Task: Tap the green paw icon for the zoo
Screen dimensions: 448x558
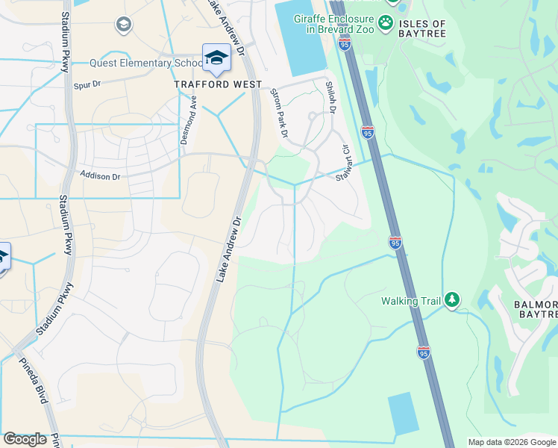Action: click(x=386, y=23)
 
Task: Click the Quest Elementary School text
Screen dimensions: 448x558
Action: click(x=142, y=63)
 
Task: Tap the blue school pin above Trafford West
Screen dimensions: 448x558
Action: click(x=216, y=57)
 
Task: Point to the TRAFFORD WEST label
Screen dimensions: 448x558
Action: click(x=218, y=84)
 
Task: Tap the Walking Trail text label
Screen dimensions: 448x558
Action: click(x=411, y=301)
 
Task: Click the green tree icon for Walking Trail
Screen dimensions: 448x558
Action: click(x=451, y=300)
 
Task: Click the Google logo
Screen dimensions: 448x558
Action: click(x=25, y=439)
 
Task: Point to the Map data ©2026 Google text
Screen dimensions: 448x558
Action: click(x=511, y=442)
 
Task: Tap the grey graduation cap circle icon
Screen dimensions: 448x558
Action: click(x=123, y=25)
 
